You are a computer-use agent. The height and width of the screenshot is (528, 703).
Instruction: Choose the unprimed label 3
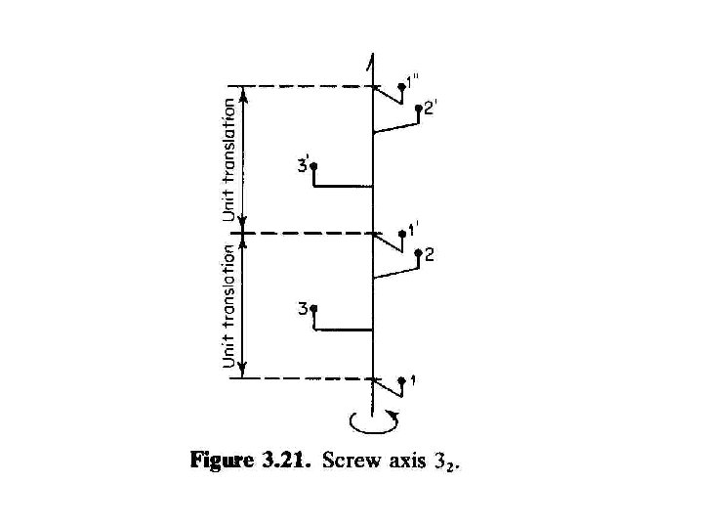point(304,309)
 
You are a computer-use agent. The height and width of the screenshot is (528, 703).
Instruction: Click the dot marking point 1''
point(402,87)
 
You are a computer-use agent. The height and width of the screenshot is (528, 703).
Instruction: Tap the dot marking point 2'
point(417,110)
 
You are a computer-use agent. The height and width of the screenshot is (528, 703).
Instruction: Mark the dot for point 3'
point(314,167)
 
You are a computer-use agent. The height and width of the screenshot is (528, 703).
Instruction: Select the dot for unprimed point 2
point(418,255)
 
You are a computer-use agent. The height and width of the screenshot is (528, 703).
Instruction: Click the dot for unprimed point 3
point(314,311)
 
